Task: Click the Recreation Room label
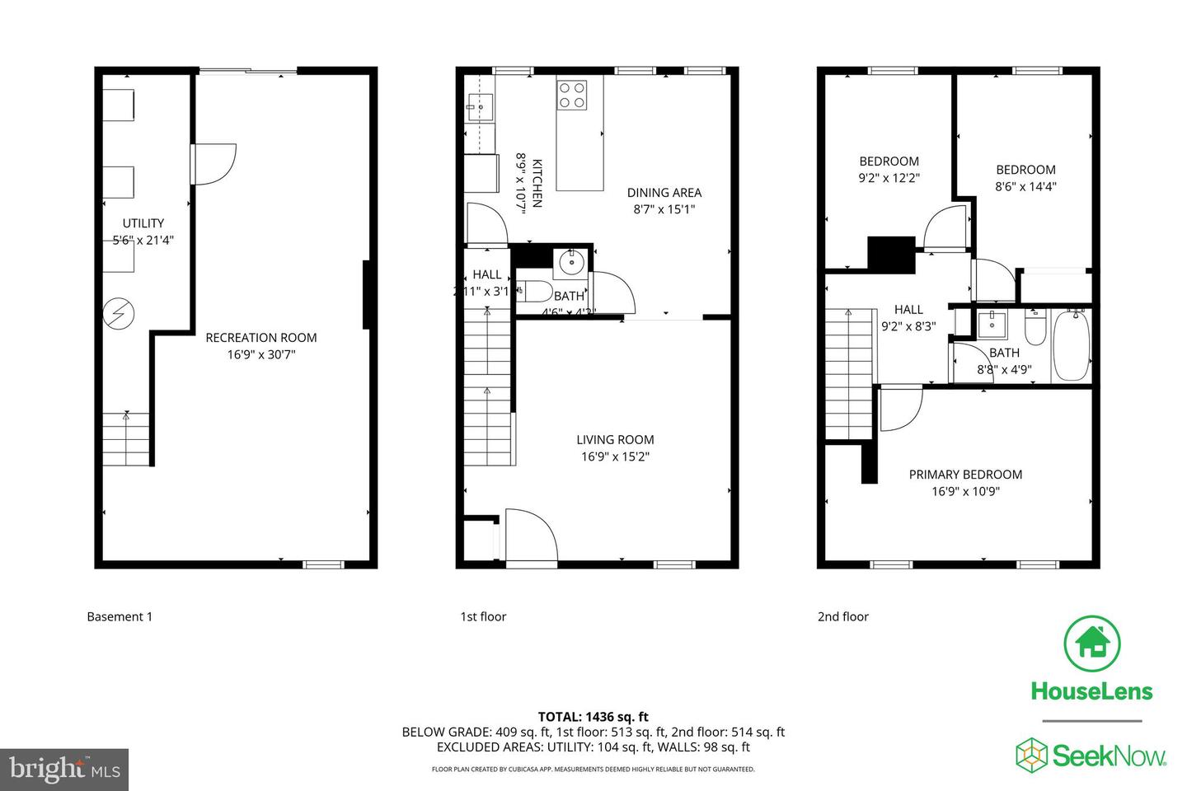[x=260, y=338]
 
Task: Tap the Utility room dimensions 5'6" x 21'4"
[x=143, y=241]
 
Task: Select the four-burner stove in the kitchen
[x=571, y=94]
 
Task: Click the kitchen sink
[x=479, y=105]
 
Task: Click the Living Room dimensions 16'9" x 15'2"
[x=615, y=456]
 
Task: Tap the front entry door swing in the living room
[x=528, y=534]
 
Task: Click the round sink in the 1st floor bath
[x=570, y=263]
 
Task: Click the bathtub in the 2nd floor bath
[x=1072, y=345]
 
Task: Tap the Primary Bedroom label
[x=965, y=475]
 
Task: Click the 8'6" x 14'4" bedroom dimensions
[x=1025, y=187]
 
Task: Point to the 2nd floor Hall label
[x=908, y=310]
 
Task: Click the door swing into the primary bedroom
[x=900, y=408]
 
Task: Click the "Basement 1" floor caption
[x=120, y=616]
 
